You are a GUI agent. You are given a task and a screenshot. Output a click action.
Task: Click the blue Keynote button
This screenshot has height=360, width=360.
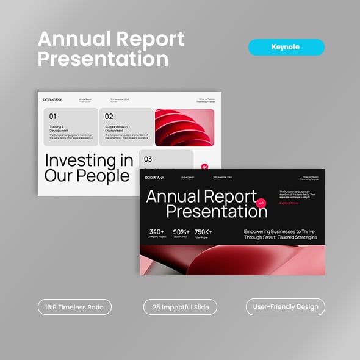(x=286, y=47)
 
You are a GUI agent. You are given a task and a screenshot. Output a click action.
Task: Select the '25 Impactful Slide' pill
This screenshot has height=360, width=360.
(x=180, y=306)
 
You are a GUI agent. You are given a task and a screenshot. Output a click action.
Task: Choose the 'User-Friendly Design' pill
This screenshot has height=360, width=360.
(x=286, y=306)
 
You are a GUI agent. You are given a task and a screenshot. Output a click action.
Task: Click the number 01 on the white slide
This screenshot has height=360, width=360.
(x=52, y=117)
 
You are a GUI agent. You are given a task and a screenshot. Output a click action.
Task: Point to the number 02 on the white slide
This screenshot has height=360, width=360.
(x=109, y=117)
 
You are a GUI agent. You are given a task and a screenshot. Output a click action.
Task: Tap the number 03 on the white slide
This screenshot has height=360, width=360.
(x=148, y=159)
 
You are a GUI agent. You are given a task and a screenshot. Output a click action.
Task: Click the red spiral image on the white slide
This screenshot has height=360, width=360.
(x=184, y=127)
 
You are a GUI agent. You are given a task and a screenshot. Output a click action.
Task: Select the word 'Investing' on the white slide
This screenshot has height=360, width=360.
(x=81, y=161)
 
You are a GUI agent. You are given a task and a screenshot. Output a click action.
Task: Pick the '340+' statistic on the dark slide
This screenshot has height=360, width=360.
(x=157, y=232)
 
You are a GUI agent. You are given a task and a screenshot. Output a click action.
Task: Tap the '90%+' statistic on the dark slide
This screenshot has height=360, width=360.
(x=182, y=232)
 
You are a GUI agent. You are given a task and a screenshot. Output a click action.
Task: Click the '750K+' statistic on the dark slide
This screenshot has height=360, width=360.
(x=204, y=232)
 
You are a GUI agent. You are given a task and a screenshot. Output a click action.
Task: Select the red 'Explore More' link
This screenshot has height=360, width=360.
(x=289, y=203)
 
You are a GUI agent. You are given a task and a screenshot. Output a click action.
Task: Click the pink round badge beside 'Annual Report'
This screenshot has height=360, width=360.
(x=261, y=203)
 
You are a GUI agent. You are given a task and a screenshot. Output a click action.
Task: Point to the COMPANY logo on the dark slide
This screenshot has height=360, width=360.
(x=155, y=178)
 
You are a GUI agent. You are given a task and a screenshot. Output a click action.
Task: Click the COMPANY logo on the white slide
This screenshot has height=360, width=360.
(x=52, y=100)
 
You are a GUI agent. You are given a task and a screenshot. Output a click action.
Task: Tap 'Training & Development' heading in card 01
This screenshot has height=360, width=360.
(x=59, y=129)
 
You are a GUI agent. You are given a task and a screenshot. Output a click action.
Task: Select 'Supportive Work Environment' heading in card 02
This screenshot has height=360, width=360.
(x=117, y=129)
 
